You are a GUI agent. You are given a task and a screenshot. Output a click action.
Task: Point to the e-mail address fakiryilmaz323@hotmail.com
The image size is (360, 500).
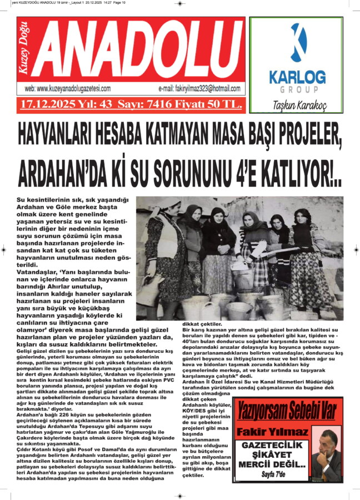[199, 89]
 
